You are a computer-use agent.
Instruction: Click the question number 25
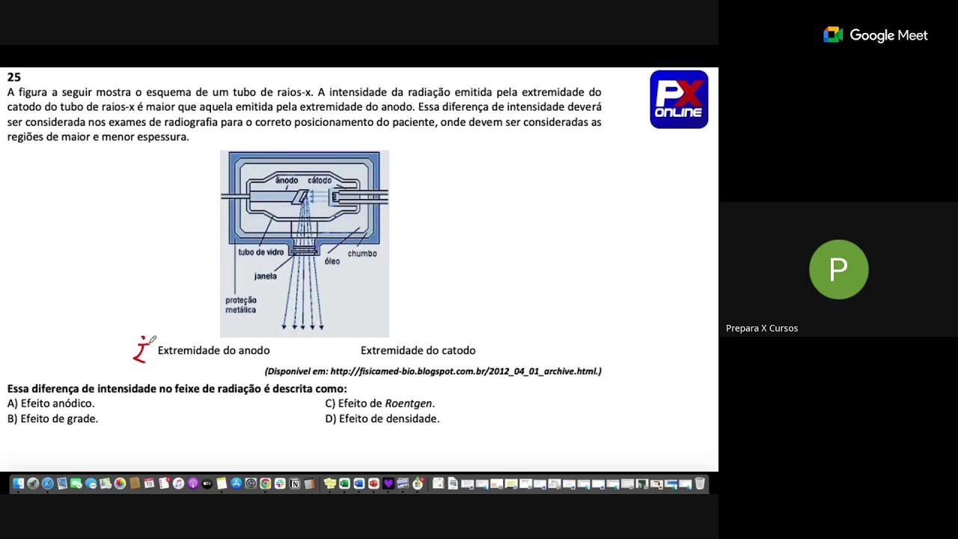(x=14, y=77)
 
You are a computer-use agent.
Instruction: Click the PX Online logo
(x=679, y=100)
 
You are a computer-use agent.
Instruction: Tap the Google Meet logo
(x=875, y=35)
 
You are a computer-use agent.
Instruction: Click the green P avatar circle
(x=838, y=269)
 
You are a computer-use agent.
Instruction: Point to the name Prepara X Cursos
(x=761, y=329)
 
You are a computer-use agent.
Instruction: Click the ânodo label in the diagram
(x=287, y=180)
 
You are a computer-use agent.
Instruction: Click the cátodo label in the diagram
(x=320, y=180)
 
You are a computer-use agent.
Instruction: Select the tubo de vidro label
(x=260, y=253)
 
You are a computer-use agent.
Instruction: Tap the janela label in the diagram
(x=265, y=276)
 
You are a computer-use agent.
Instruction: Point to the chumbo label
(x=362, y=254)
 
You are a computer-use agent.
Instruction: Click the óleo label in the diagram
(x=332, y=261)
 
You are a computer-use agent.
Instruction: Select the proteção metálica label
(x=241, y=305)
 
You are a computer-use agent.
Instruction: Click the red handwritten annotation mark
(x=142, y=350)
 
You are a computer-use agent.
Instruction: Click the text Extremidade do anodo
(x=213, y=350)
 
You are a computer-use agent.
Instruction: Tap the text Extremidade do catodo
(x=418, y=350)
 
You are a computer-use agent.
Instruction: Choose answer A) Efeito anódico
(x=51, y=404)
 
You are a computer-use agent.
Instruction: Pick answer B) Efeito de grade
(x=52, y=419)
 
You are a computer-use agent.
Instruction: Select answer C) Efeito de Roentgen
(x=379, y=404)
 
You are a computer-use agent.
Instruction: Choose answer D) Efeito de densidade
(x=382, y=419)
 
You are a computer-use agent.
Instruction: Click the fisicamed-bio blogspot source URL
(x=465, y=371)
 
